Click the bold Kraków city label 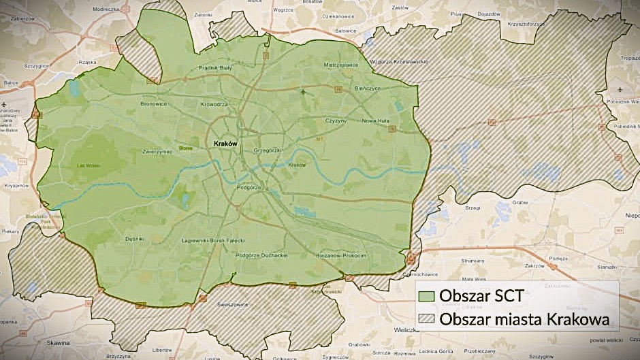click(x=225, y=144)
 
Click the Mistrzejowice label click(x=341, y=65)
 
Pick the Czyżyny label click(x=336, y=120)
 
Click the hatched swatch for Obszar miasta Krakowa click(x=426, y=318)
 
